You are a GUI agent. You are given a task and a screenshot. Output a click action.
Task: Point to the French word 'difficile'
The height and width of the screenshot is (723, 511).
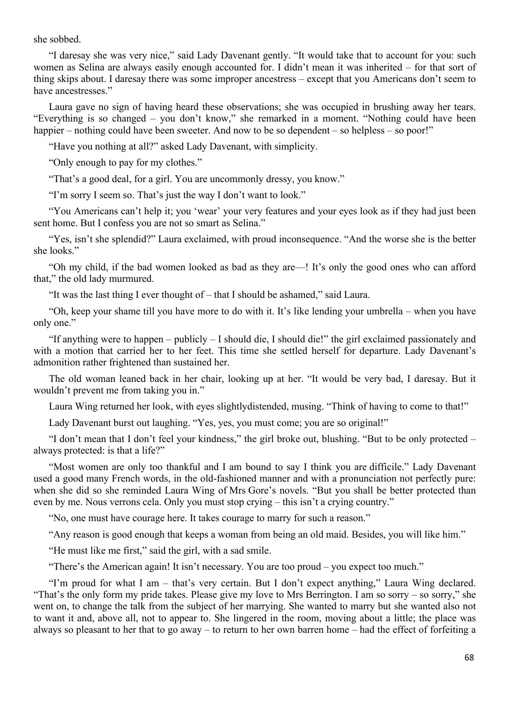(x=385, y=467)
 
